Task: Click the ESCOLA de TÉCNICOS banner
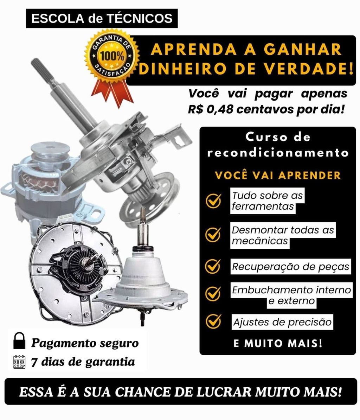102,19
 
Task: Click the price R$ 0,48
210,109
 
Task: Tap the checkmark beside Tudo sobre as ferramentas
213,201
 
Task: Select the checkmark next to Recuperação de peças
213,266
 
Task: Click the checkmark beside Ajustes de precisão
213,321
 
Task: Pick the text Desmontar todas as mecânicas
283,235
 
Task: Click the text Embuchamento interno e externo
291,295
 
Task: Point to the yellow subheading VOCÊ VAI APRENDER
278,176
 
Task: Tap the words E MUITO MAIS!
278,343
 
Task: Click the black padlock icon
19,341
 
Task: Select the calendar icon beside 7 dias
19,362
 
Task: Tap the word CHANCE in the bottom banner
143,392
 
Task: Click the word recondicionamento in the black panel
278,153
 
